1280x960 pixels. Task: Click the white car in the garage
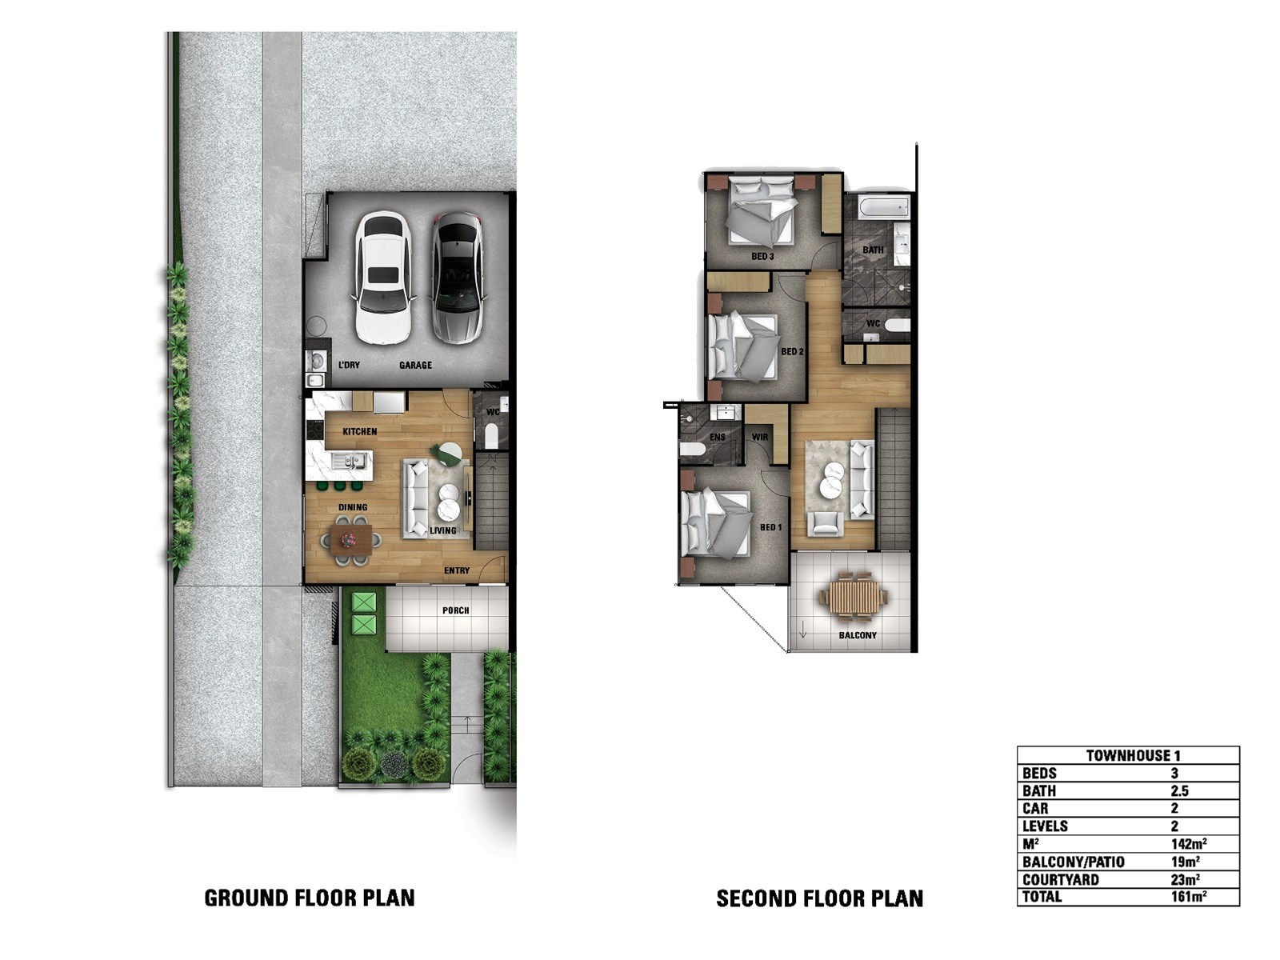[382, 278]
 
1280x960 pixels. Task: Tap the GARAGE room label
[415, 366]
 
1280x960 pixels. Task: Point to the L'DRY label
[350, 366]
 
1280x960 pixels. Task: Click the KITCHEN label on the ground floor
[360, 432]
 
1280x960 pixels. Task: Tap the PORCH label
[455, 610]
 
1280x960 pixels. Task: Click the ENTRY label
[457, 570]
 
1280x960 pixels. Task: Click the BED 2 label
[793, 351]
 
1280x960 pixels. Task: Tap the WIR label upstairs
[760, 437]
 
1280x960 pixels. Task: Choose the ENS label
[718, 437]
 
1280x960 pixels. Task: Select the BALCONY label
[858, 635]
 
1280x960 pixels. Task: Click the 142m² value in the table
[1189, 844]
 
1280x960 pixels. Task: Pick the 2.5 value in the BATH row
[1180, 791]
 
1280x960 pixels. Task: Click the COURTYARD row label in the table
[1061, 879]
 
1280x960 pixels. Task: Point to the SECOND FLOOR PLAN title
[820, 898]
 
